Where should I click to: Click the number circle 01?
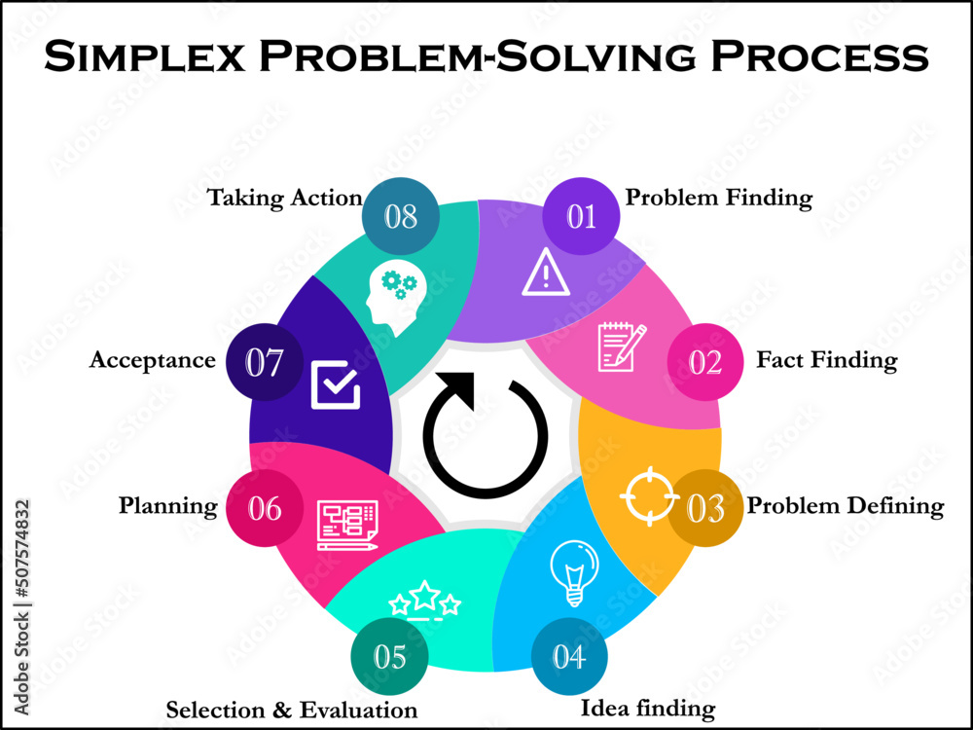[x=581, y=216]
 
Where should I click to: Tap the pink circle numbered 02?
[x=705, y=362]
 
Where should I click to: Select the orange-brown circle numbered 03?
[x=705, y=507]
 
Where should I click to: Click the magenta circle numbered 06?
[x=265, y=507]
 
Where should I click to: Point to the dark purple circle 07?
[x=264, y=362]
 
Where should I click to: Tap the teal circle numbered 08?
[x=400, y=216]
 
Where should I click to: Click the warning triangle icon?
[x=546, y=274]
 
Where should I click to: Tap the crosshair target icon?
[x=649, y=495]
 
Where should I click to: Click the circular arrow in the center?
[x=486, y=433]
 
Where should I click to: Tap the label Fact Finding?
[x=826, y=360]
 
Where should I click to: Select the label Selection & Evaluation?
[x=292, y=710]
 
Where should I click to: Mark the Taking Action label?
[x=284, y=198]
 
